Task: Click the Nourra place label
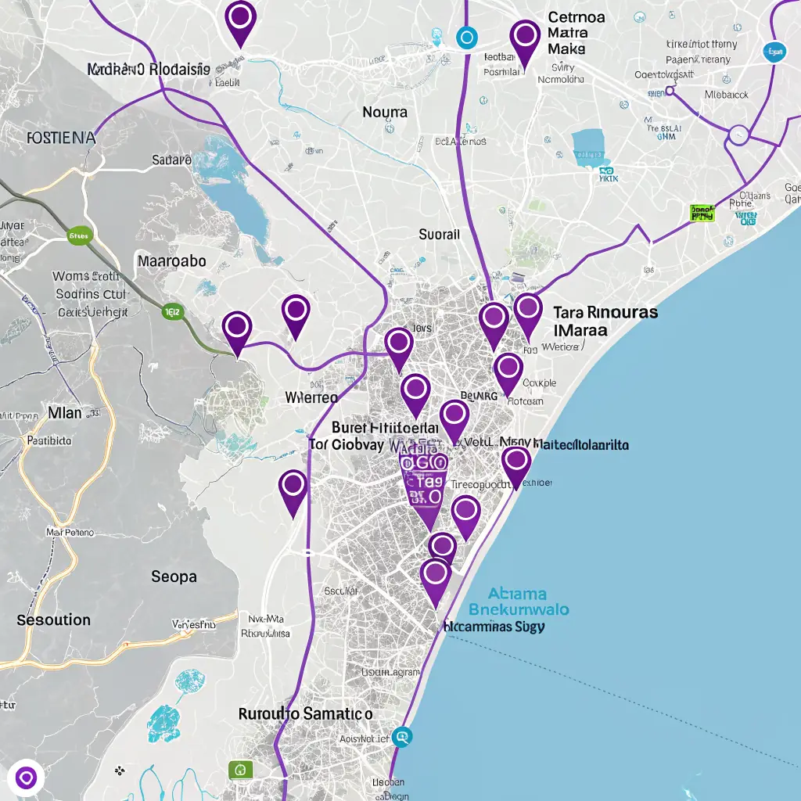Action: point(385,113)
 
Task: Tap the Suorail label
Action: point(440,234)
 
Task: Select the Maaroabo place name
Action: point(172,260)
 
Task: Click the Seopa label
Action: point(174,577)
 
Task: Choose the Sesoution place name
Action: point(54,620)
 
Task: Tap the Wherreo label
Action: point(311,397)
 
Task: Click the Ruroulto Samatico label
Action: point(305,714)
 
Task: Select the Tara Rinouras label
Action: point(605,312)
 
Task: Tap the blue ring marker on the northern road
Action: point(466,36)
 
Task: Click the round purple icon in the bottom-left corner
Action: point(26,777)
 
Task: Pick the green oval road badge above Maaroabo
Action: point(80,234)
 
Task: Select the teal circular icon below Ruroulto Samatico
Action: point(402,735)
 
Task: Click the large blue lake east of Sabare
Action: point(236,196)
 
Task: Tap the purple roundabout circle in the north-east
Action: point(738,135)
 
